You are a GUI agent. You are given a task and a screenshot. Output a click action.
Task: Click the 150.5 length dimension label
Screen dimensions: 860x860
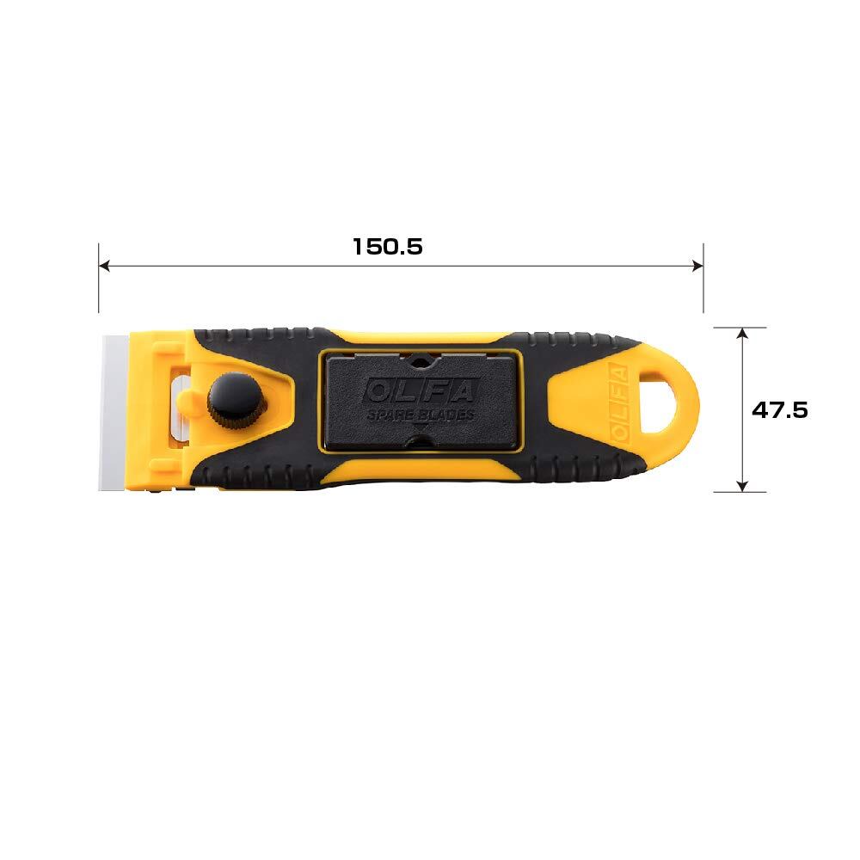pyautogui.click(x=387, y=247)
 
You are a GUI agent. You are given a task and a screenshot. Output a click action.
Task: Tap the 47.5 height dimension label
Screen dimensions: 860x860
pyautogui.click(x=779, y=409)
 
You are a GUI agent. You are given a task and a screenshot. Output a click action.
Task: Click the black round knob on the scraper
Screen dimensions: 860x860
pyautogui.click(x=236, y=401)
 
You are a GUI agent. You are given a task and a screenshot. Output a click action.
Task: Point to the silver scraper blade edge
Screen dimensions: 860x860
pyautogui.click(x=114, y=411)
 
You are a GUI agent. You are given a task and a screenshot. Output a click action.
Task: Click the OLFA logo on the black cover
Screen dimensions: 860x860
pyautogui.click(x=420, y=391)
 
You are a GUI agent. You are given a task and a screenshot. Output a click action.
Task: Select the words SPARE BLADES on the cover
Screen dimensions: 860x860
pyautogui.click(x=421, y=415)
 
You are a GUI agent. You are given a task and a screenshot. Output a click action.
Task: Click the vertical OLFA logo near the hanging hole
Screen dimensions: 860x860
pyautogui.click(x=618, y=404)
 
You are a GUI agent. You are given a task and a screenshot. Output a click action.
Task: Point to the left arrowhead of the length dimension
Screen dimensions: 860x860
pyautogui.click(x=104, y=266)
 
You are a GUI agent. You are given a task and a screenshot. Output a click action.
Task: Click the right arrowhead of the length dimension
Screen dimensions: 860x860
pyautogui.click(x=697, y=266)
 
